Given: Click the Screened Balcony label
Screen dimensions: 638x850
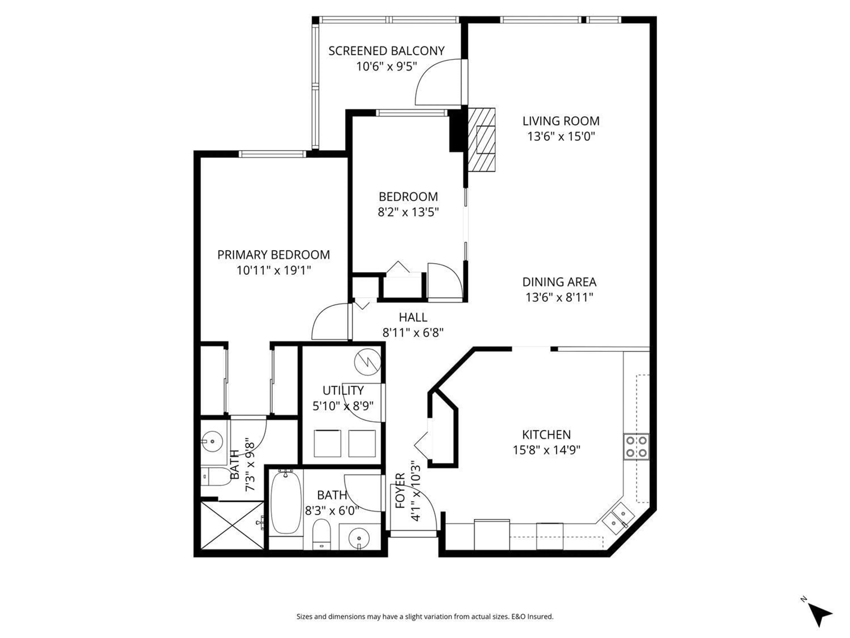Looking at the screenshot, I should (386, 51).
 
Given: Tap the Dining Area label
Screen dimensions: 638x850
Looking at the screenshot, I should (559, 282).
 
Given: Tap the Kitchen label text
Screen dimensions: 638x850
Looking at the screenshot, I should (546, 435).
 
